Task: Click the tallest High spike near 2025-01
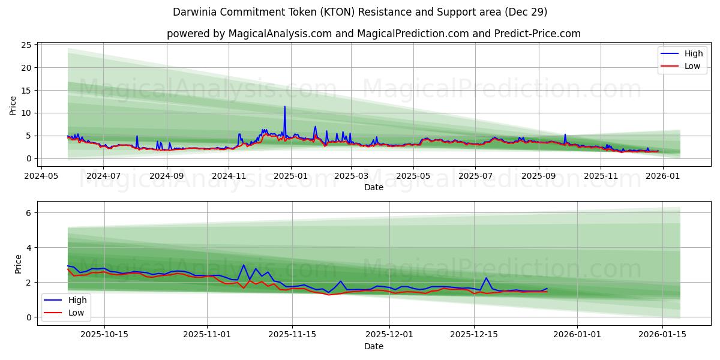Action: coord(285,107)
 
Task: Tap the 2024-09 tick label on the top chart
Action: coord(166,176)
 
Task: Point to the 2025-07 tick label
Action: coord(475,176)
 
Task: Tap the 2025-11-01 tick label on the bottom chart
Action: coord(207,334)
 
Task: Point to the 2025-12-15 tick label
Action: coord(474,334)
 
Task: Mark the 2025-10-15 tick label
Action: coord(104,334)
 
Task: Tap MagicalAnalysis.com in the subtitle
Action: coord(280,34)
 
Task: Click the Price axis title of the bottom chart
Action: coord(18,265)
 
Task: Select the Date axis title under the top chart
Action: coord(373,187)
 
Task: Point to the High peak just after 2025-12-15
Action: coord(486,278)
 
